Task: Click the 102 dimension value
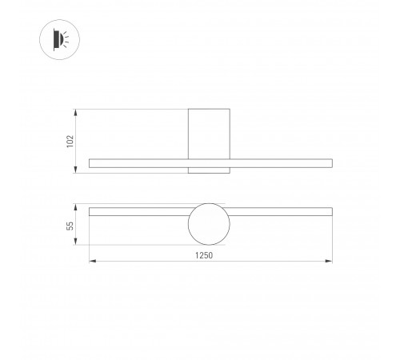coord(70,140)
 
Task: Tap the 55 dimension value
coord(70,226)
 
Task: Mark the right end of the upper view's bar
coord(330,163)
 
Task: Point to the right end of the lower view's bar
coord(330,212)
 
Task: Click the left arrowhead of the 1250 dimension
coord(90,261)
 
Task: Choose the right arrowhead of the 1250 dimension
coord(330,261)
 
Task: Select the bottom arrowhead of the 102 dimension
coord(76,170)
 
